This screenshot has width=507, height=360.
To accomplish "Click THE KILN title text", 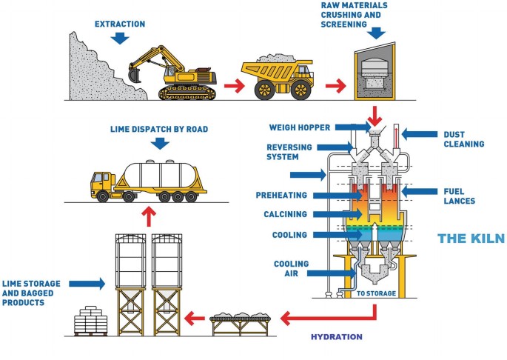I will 470,239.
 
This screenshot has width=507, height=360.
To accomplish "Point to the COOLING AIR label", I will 291,268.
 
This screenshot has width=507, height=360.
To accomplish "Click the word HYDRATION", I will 337,337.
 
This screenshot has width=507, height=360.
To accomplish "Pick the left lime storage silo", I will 132,267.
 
